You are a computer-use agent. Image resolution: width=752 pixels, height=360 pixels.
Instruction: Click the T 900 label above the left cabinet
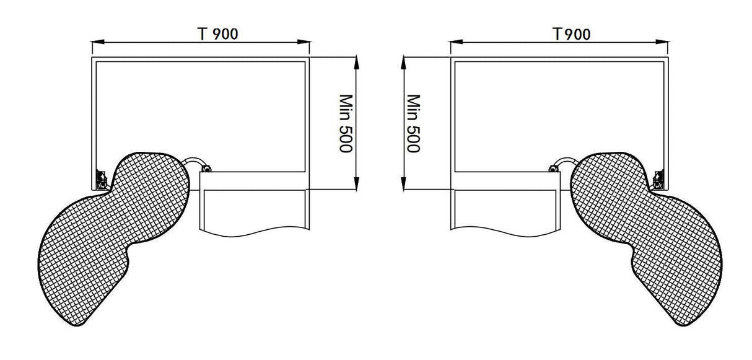pos(217,34)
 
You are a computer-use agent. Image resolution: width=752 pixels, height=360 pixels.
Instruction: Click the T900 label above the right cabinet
pos(571,34)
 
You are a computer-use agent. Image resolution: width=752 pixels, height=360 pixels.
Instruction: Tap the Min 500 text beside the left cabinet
pos(345,123)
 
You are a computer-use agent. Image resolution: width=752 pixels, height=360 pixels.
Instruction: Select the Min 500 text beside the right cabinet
pos(414,123)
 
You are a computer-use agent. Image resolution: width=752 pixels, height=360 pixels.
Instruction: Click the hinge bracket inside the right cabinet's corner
pos(659,179)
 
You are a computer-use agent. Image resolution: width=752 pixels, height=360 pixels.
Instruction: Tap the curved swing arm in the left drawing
pos(197,161)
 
